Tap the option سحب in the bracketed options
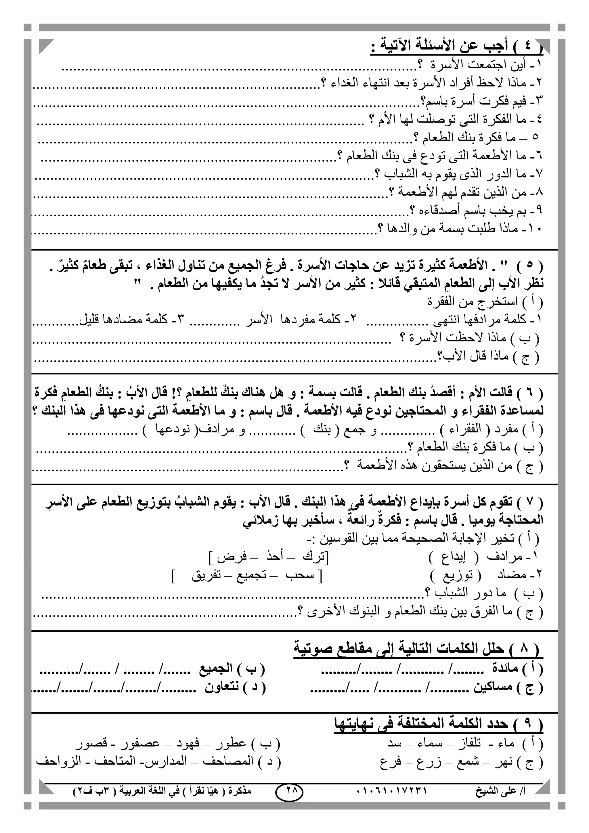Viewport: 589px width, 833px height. point(300,576)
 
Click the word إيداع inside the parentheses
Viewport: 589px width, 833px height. point(453,557)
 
